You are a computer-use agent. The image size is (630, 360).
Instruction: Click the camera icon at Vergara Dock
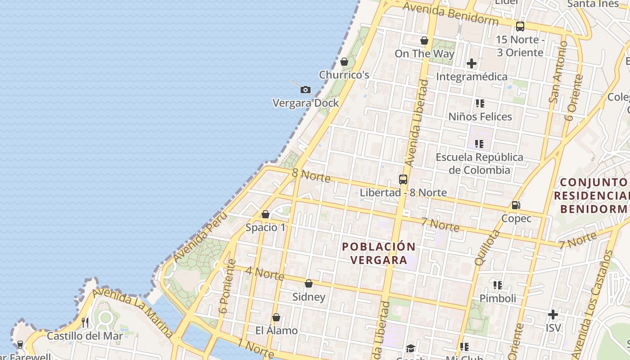point(305,90)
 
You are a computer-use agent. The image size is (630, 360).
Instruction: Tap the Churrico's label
point(344,75)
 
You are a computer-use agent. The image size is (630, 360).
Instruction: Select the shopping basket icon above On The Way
point(424,40)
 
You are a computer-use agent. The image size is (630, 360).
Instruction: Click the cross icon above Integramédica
point(471,63)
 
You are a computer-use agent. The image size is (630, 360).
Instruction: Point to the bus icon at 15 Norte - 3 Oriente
point(520,27)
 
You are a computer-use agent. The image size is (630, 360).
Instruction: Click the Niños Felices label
point(480,117)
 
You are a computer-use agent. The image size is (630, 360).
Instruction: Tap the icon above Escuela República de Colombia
point(479,144)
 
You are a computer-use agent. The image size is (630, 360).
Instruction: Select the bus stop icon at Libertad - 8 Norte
point(403,180)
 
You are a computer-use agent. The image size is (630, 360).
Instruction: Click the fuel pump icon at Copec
point(516,205)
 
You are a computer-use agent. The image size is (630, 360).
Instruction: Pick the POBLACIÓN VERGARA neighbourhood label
point(378,253)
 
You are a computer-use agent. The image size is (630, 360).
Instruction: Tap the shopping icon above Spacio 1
point(265,214)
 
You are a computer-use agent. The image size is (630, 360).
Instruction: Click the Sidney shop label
point(309,297)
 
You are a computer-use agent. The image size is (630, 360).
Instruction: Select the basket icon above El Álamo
point(276,317)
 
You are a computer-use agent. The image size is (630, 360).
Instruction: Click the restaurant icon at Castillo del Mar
point(85,322)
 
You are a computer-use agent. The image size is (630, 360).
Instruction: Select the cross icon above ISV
point(553,315)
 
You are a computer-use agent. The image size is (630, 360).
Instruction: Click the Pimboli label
point(498,298)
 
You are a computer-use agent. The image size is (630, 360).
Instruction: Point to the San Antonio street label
point(558,72)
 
